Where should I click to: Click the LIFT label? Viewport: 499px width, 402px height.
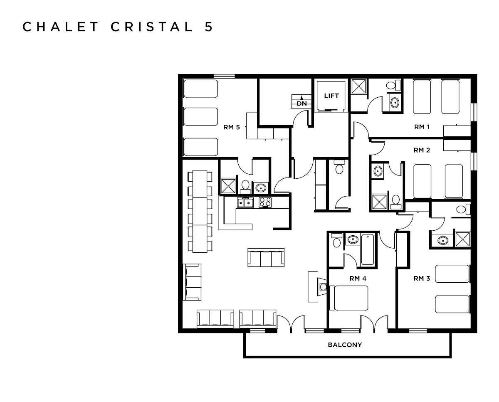tap(331, 96)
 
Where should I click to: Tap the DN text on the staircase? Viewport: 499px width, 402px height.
tap(301, 104)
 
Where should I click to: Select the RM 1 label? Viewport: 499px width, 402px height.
tap(422, 127)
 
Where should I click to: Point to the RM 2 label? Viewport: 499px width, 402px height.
tap(422, 150)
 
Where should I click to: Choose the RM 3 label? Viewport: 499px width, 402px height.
tap(422, 278)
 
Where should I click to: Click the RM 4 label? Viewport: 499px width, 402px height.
tap(358, 278)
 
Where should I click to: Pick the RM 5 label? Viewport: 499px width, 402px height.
tap(232, 128)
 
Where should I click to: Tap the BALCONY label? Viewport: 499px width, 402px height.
tap(345, 345)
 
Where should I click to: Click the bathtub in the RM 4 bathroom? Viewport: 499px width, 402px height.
tap(368, 250)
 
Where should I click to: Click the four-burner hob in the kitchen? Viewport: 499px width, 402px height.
tap(265, 202)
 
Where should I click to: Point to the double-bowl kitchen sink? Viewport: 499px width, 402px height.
tap(246, 202)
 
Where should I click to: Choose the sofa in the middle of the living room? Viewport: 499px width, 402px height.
tap(266, 258)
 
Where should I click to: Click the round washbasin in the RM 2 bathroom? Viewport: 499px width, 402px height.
tap(378, 170)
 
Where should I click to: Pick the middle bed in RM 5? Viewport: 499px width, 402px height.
tap(201, 117)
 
